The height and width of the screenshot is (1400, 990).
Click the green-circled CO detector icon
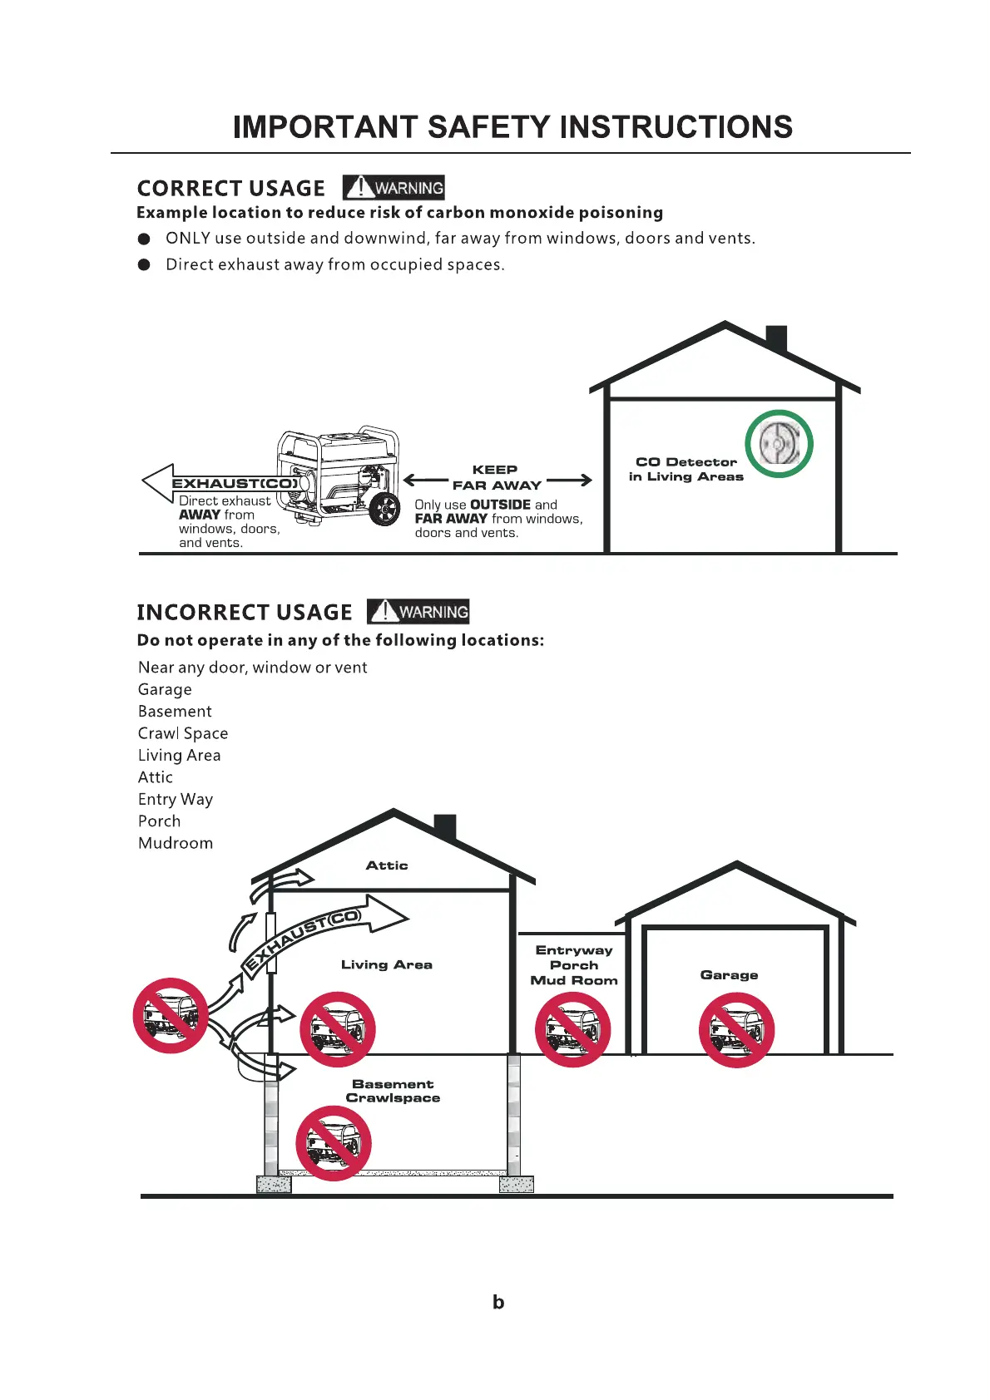coord(779,444)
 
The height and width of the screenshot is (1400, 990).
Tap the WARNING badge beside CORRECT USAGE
coord(394,188)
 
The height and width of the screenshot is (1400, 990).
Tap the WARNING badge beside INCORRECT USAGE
coord(418,612)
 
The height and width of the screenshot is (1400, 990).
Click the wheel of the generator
coord(384,509)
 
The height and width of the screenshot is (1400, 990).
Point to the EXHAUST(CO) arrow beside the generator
coord(220,483)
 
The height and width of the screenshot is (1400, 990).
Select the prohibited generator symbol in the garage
coord(736,1029)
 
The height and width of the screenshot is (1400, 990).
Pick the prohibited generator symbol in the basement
coord(334,1143)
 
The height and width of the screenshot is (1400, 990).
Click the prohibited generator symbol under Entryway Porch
coord(572,1029)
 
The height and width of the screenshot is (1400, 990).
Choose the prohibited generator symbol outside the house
coord(171,1015)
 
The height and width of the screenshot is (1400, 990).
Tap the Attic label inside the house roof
coord(387,865)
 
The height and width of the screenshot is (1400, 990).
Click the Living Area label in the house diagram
coord(387,964)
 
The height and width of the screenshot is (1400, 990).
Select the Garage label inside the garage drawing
coord(729,975)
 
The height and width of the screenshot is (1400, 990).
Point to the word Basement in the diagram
coord(393,1084)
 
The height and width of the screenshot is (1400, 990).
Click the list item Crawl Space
coord(183,733)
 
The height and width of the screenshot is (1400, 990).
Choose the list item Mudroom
coord(176,843)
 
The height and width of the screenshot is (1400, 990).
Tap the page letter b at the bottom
coord(498,1303)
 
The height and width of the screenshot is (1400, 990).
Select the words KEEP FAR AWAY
coord(496,477)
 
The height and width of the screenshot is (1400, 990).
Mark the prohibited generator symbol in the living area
coord(337,1029)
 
